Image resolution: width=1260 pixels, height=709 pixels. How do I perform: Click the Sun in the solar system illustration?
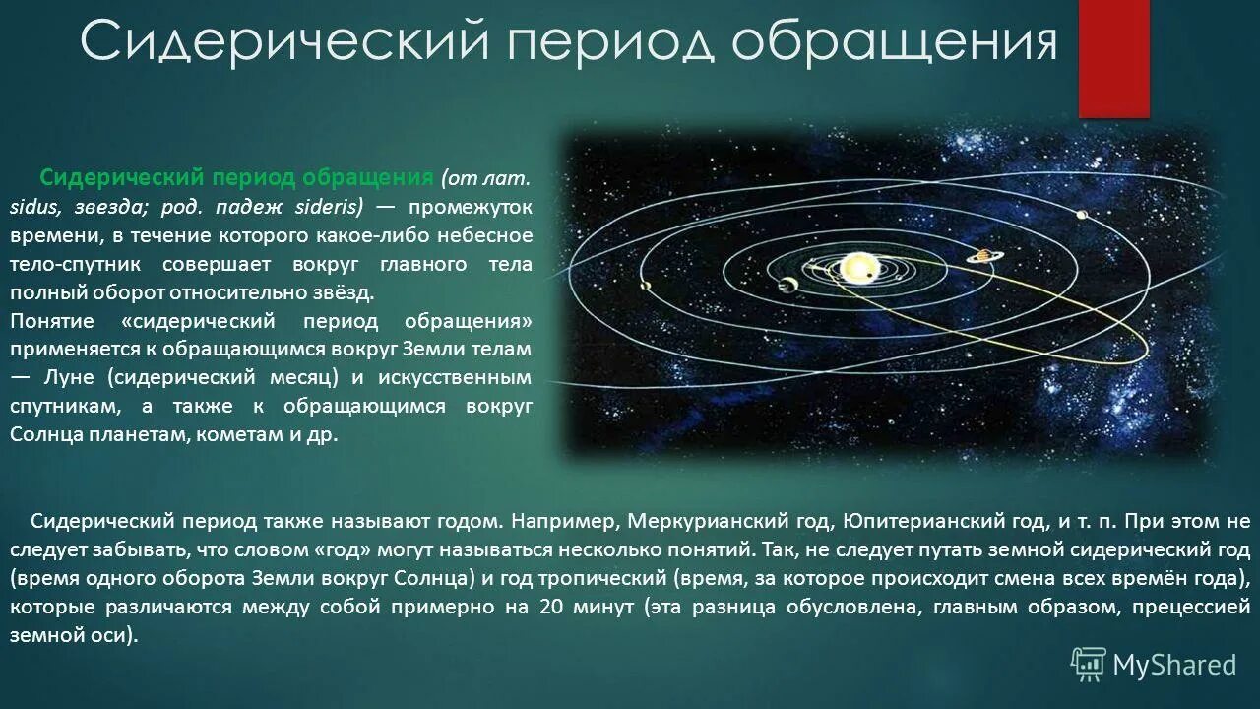pyautogui.click(x=858, y=267)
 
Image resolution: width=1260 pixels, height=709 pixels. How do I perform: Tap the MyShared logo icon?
pyautogui.click(x=1089, y=665)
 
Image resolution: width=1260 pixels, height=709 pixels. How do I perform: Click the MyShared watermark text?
pyautogui.click(x=1174, y=666)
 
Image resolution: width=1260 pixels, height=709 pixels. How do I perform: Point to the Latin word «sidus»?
pyautogui.click(x=32, y=208)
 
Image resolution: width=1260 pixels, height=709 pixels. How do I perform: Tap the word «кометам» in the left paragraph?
pyautogui.click(x=249, y=434)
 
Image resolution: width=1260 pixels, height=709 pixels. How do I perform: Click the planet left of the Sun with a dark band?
pyautogui.click(x=787, y=286)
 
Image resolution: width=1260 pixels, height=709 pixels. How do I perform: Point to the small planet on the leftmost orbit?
pyautogui.click(x=646, y=287)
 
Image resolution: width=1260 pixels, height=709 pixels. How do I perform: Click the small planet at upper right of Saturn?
pyautogui.click(x=1081, y=215)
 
